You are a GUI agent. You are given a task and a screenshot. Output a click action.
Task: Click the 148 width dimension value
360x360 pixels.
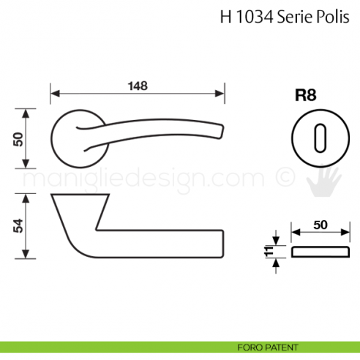pyautogui.click(x=136, y=85)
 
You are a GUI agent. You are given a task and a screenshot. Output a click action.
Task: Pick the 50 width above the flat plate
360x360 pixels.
pyautogui.click(x=319, y=225)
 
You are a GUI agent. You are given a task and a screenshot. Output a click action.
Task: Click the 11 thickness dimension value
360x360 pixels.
pyautogui.click(x=268, y=253)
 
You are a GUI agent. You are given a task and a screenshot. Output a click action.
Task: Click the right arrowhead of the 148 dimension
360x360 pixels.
pyautogui.click(x=220, y=94)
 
